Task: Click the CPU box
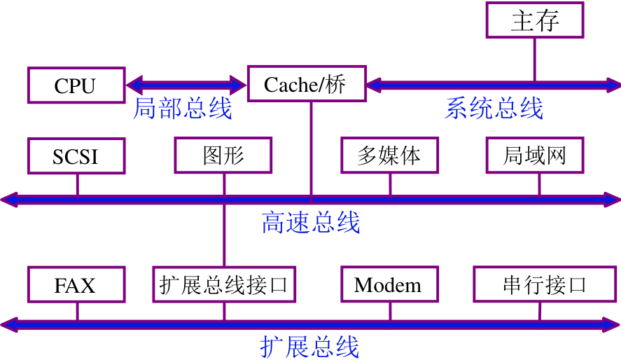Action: pyautogui.click(x=76, y=85)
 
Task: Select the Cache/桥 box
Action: pyautogui.click(x=306, y=85)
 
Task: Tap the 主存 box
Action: pyautogui.click(x=535, y=20)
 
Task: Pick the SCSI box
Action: pyautogui.click(x=76, y=155)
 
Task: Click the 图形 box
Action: pyautogui.click(x=223, y=155)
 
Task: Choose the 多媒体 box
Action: pyautogui.click(x=389, y=155)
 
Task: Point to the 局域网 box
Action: pyautogui.click(x=535, y=155)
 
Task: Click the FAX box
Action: pyautogui.click(x=76, y=284)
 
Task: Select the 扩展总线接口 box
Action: pyautogui.click(x=224, y=284)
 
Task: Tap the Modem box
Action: pyautogui.click(x=389, y=284)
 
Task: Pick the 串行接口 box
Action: pyautogui.click(x=543, y=284)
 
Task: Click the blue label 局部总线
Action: pyautogui.click(x=182, y=109)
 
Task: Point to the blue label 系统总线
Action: pyautogui.click(x=494, y=109)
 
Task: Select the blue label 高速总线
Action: pyautogui.click(x=311, y=223)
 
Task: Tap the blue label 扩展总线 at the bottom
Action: pyautogui.click(x=309, y=347)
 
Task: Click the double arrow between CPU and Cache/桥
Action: pyautogui.click(x=186, y=85)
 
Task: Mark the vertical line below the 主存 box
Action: pyautogui.click(x=535, y=60)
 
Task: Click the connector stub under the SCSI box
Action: pyautogui.click(x=77, y=184)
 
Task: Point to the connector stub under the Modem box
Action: pyautogui.click(x=390, y=312)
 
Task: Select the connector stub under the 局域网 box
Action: pyautogui.click(x=539, y=184)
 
